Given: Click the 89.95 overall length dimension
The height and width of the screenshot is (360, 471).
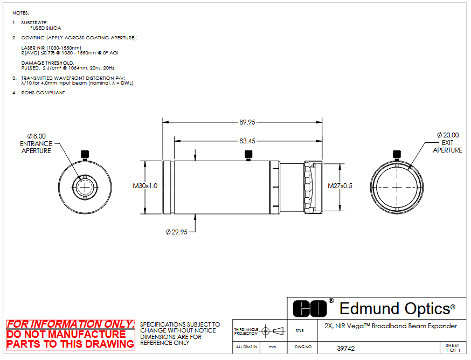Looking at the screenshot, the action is click(247, 122).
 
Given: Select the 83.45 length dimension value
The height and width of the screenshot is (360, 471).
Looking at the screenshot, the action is click(247, 141).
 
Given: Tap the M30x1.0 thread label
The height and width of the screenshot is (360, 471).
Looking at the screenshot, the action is click(145, 186).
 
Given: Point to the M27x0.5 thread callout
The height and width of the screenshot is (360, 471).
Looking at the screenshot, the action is click(340, 186).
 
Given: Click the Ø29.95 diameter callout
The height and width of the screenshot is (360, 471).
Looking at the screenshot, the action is click(177, 232).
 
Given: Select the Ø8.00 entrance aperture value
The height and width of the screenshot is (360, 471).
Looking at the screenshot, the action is click(36, 136).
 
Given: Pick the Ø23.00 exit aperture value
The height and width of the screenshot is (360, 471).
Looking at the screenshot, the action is click(448, 135).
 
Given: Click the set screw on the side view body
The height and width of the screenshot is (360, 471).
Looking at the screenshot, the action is click(248, 155).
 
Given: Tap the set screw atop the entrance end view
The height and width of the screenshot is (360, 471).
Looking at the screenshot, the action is click(85, 155).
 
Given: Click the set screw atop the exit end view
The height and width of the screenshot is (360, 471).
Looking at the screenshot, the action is click(397, 155).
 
